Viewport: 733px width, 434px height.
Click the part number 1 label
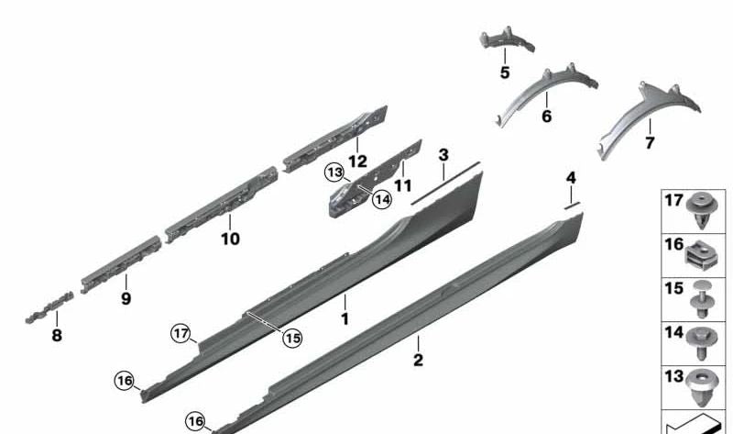pos(345,318)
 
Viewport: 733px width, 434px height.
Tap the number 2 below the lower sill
pos(418,360)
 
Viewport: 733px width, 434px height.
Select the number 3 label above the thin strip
pos(443,155)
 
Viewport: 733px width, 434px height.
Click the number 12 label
pos(357,161)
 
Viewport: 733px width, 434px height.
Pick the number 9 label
pos(126,298)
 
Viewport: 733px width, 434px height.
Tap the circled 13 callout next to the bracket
pos(334,172)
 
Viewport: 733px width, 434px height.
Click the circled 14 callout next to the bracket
pos(380,199)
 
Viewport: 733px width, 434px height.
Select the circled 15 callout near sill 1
pos(291,338)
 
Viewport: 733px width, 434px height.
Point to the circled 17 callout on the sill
pos(181,333)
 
